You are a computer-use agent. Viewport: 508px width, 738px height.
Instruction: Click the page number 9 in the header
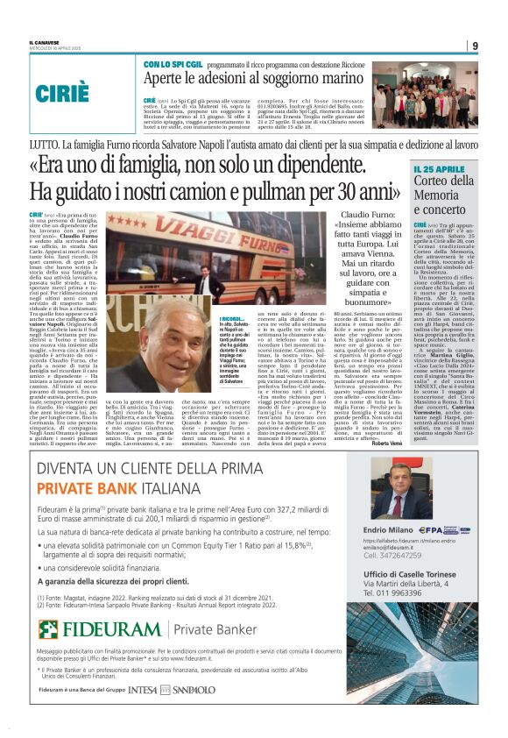pyautogui.click(x=475, y=46)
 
